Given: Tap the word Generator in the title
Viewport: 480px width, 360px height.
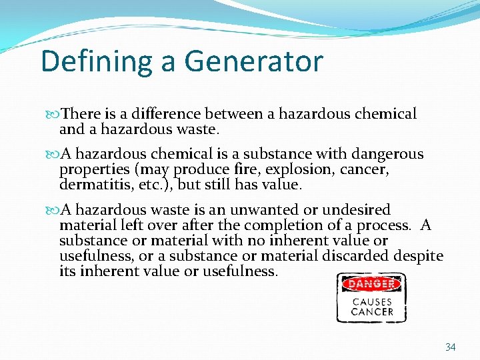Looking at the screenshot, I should pyautogui.click(x=254, y=62).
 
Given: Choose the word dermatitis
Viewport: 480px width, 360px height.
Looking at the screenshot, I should pyautogui.click(x=91, y=184).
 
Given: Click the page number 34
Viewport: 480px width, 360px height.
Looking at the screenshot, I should pyautogui.click(x=450, y=347).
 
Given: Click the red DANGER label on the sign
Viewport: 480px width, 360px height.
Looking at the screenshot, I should pyautogui.click(x=371, y=284).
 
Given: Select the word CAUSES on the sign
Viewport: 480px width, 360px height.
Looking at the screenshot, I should pyautogui.click(x=371, y=301).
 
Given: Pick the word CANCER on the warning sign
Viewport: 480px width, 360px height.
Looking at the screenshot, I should pyautogui.click(x=371, y=311).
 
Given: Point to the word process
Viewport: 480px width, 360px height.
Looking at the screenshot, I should pyautogui.click(x=387, y=225).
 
